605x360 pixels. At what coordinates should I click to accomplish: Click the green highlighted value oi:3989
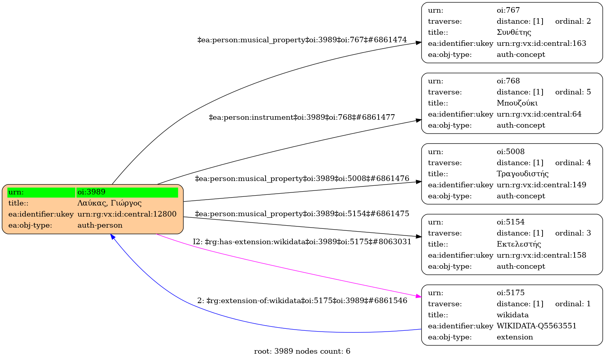(x=91, y=192)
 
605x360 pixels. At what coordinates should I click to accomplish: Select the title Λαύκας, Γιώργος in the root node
(x=109, y=203)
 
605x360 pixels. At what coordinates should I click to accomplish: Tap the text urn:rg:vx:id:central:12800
(x=127, y=214)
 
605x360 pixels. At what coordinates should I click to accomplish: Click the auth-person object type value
(x=100, y=225)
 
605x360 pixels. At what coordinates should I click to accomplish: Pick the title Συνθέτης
(x=514, y=32)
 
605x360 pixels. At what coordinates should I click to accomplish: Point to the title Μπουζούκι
(x=517, y=103)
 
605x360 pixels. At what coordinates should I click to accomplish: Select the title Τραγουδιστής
(x=522, y=174)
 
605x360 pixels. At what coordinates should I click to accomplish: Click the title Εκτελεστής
(x=518, y=244)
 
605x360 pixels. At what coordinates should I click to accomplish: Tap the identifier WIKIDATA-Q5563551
(x=536, y=326)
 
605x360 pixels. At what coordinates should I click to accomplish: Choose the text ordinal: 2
(x=573, y=21)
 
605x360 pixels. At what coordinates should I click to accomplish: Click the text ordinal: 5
(x=573, y=92)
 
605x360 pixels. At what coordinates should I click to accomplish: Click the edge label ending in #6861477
(x=302, y=117)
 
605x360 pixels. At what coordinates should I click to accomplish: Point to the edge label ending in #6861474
(x=302, y=40)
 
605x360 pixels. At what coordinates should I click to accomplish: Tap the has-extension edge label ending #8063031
(x=302, y=242)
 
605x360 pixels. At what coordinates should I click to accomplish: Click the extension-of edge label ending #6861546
(x=302, y=301)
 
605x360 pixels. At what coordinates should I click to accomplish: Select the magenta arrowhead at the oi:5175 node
(x=418, y=296)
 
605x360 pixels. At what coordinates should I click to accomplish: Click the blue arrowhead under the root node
(x=113, y=236)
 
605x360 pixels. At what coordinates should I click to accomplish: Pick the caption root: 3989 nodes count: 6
(x=302, y=351)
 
